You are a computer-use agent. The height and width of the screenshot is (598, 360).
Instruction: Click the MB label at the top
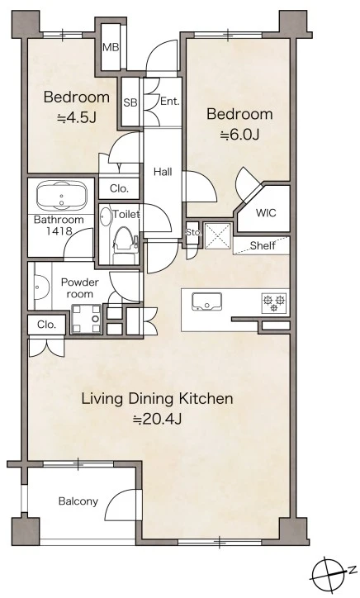[111, 48]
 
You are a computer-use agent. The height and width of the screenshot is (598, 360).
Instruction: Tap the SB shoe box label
[130, 102]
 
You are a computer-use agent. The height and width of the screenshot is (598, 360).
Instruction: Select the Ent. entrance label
[170, 101]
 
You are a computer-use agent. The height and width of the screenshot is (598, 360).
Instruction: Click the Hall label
[163, 172]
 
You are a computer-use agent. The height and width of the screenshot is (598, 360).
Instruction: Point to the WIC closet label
[266, 212]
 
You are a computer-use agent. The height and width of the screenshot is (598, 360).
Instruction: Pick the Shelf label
[263, 245]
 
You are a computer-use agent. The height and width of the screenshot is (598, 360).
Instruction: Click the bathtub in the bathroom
[61, 196]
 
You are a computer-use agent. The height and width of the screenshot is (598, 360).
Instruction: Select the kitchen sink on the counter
[206, 302]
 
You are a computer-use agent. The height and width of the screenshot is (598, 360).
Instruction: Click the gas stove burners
[274, 302]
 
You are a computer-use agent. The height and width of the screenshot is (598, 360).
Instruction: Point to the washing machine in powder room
[86, 319]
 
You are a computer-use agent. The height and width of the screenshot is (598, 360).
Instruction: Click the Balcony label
[78, 501]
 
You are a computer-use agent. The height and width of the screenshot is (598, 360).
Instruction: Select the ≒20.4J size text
[157, 419]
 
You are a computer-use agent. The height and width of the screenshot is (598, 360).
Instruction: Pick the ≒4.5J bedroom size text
[76, 118]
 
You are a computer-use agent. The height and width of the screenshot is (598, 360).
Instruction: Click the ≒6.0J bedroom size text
[239, 135]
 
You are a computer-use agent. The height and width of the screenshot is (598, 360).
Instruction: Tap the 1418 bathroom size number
[59, 230]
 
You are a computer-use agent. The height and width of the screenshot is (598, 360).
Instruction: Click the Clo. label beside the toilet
[119, 188]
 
